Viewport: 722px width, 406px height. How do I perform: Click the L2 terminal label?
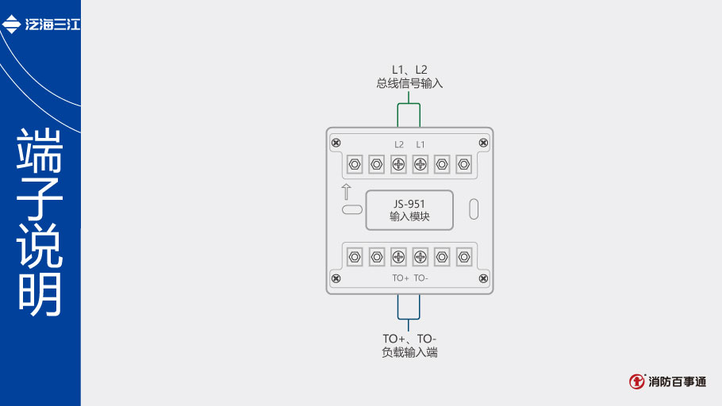pos(399,144)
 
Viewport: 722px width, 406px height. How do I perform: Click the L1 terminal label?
pos(421,144)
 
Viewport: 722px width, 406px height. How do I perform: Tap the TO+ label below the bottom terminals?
pos(400,278)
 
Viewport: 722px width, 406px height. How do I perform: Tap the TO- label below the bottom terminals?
pos(421,278)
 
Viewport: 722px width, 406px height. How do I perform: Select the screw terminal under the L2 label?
pos(399,165)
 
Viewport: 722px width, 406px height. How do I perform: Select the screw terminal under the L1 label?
pos(421,165)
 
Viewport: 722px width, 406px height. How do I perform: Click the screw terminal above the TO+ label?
pos(399,256)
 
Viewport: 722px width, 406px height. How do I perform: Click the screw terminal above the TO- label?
pos(421,256)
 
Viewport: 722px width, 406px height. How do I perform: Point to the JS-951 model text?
pos(409,204)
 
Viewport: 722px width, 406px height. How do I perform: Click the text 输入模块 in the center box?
pos(409,216)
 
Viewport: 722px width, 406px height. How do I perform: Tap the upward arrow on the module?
pos(346,191)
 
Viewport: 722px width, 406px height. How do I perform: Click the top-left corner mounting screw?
pos(336,142)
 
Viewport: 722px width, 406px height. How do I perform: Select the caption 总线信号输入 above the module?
pos(409,83)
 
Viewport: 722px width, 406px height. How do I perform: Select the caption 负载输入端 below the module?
pos(409,353)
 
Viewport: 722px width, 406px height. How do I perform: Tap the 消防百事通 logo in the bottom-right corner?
pos(668,381)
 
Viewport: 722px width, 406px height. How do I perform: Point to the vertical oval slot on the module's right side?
pos(474,209)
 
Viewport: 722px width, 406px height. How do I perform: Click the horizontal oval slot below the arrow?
pos(351,210)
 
